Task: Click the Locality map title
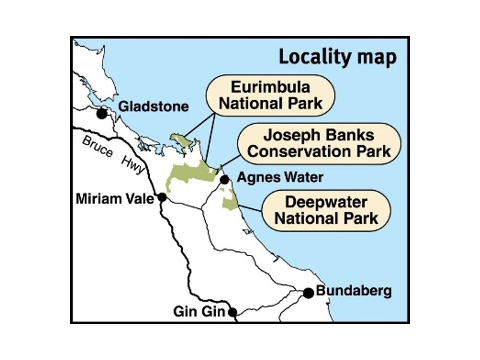click(337, 58)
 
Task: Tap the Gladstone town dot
click(103, 112)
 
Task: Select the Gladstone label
click(154, 107)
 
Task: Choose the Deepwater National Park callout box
click(326, 208)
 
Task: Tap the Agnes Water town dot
click(224, 179)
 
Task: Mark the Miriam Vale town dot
click(162, 197)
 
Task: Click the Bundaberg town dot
click(308, 293)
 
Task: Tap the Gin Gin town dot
click(232, 311)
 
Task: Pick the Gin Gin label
click(198, 312)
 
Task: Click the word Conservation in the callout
click(294, 150)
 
